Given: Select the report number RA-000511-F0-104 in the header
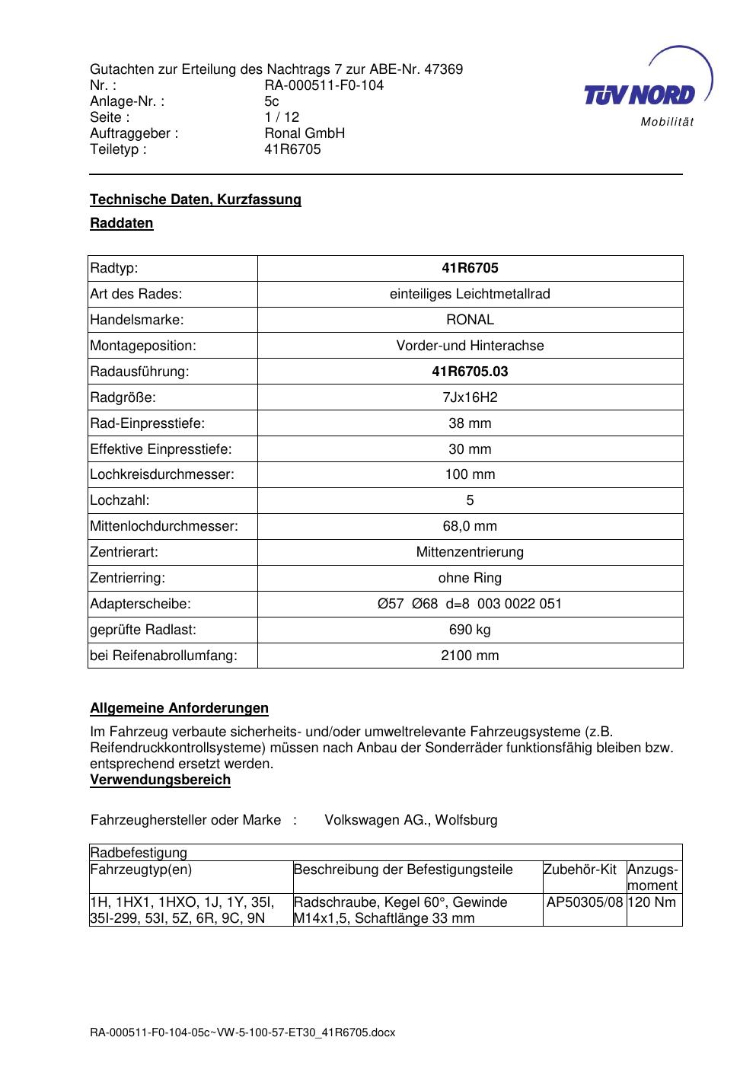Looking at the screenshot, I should tap(324, 85).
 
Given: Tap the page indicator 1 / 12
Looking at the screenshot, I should tap(282, 117).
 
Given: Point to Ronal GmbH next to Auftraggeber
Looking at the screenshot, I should tap(305, 133).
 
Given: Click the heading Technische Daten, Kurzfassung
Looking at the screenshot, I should tap(196, 199).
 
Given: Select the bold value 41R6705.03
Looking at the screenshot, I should tap(470, 372).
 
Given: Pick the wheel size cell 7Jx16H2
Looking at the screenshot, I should tap(470, 397).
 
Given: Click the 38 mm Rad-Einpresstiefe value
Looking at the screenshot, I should tap(470, 423).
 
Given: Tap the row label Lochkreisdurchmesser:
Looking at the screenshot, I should tap(162, 474).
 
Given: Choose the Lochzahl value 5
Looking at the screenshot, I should tap(470, 500).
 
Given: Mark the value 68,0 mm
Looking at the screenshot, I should tap(470, 526).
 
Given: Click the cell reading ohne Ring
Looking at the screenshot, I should tap(470, 578).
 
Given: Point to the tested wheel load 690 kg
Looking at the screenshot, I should tap(470, 630).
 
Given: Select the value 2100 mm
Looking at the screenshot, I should tap(470, 656).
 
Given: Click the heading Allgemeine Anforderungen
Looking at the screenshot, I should tap(179, 708).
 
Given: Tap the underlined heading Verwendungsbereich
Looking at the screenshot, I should tap(160, 780).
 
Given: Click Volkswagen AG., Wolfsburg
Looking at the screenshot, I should tap(411, 820).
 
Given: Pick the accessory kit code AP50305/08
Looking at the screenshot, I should tap(585, 902).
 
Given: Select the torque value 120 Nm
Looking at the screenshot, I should tap(652, 902).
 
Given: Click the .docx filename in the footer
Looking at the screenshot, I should tap(243, 1033).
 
